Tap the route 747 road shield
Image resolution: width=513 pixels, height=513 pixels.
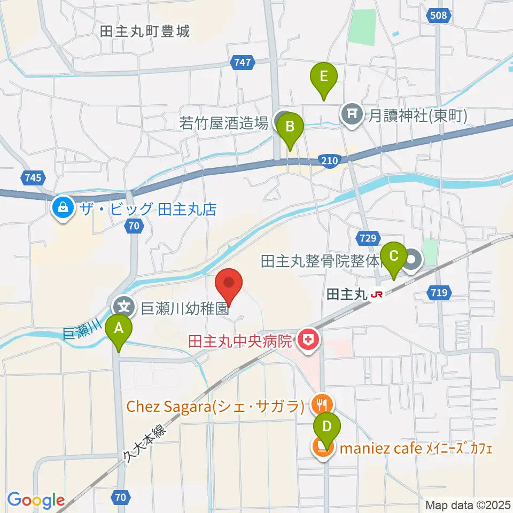[243, 63]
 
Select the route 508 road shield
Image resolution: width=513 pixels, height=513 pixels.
[438, 16]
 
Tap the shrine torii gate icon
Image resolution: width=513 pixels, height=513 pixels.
[352, 114]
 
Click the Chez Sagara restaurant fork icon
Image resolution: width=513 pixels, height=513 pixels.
[321, 405]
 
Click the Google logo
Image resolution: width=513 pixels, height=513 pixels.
[36, 500]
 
